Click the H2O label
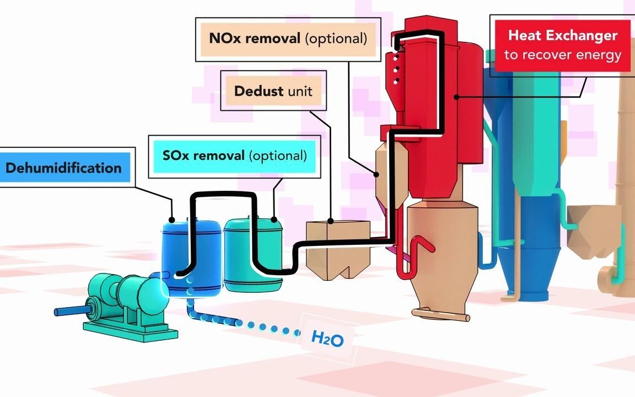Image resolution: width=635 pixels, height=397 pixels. click(x=327, y=339)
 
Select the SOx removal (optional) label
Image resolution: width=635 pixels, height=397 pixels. click(x=234, y=156)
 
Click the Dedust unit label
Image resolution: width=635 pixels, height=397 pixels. click(x=273, y=90)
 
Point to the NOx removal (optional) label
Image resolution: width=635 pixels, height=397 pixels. click(x=287, y=39)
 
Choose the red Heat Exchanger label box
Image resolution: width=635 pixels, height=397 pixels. click(x=562, y=45)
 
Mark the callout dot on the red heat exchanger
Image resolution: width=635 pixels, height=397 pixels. click(x=456, y=97)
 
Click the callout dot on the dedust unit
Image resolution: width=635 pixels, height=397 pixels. click(x=331, y=221)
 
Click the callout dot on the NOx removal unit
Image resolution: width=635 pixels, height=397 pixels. click(x=377, y=175)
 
